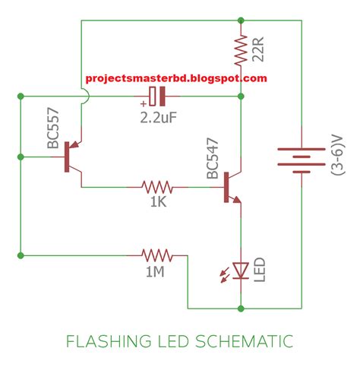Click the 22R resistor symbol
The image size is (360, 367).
pos(241,51)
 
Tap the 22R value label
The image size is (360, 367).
pos(258,49)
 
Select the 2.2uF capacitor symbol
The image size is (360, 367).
pos(157,96)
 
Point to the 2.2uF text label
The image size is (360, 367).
pos(159,118)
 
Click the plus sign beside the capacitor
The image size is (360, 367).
pos(144,103)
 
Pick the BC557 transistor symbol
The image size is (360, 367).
pos(72,157)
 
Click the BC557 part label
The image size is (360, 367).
pos(53,128)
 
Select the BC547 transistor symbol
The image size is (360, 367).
pos(232,188)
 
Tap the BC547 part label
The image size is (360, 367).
pos(212,158)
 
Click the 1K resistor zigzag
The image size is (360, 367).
pos(157,188)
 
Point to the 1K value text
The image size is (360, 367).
pos(158,202)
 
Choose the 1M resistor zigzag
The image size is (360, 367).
pos(157,255)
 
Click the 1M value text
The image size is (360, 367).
pos(155,271)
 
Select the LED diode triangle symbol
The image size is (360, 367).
pos(241,271)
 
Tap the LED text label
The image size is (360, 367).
pos(259,270)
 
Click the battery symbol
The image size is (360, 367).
pos(302,160)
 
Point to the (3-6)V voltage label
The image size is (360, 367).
pos(338,155)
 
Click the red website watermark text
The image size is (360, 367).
pos(176,78)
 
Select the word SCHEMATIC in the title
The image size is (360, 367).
pos(245,341)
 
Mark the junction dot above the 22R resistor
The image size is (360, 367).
pos(241,21)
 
